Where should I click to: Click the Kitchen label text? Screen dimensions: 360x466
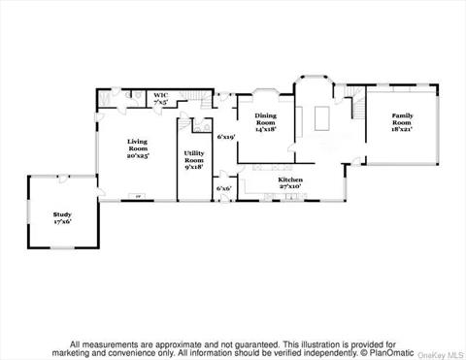291,180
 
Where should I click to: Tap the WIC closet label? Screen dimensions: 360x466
160,95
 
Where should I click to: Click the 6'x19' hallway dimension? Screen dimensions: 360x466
227,137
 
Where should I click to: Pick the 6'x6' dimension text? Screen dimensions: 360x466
224,187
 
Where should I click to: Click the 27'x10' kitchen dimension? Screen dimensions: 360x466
291,187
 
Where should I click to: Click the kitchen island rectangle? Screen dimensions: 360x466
322,118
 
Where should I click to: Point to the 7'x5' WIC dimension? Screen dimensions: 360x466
160,102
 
